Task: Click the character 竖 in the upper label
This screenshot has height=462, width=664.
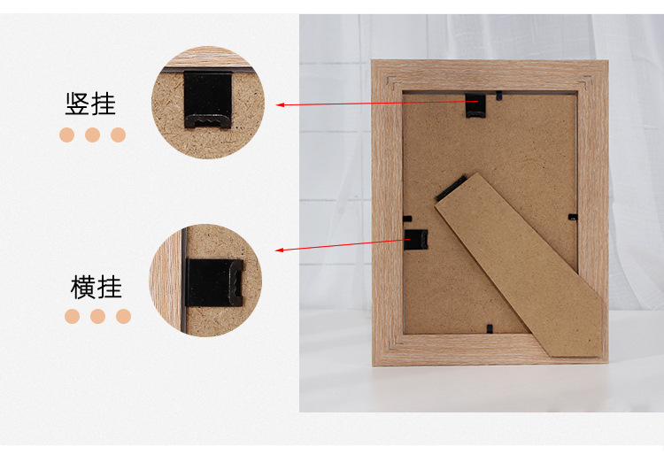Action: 77,104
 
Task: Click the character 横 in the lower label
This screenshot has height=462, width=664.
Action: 82,287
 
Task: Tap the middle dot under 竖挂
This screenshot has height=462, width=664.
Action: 92,135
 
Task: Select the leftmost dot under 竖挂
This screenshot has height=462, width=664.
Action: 67,135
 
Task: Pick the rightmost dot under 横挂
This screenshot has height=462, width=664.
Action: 123,316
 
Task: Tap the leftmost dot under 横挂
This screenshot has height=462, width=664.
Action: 72,316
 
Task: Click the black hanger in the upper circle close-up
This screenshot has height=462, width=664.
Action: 208,99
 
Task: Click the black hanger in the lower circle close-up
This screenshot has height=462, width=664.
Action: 214,282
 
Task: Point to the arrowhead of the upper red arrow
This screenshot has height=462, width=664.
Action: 280,104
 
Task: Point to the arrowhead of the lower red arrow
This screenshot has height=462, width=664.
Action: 280,250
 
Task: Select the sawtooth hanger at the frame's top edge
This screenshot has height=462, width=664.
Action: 475,105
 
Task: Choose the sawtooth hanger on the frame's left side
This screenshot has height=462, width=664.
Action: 416,240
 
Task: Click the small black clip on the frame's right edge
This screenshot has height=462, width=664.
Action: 573,217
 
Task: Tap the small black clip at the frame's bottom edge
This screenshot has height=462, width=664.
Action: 490,328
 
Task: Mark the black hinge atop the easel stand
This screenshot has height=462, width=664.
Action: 452,188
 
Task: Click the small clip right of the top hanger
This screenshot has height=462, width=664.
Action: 498,96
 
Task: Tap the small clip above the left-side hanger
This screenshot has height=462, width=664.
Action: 407,219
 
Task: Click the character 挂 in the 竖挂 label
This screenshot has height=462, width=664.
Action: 104,104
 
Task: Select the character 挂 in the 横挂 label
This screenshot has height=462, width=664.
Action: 109,287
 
